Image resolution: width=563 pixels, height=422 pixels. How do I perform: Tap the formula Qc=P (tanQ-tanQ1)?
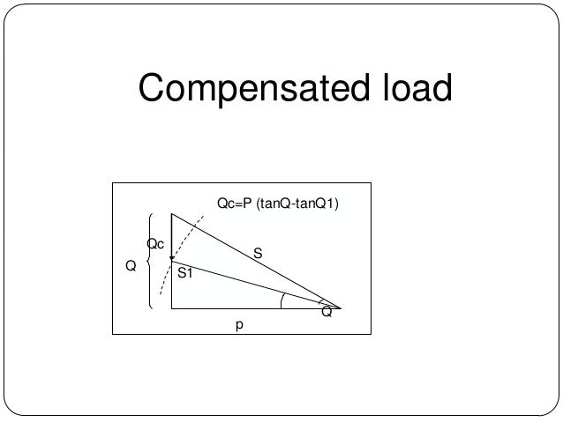tap(278, 204)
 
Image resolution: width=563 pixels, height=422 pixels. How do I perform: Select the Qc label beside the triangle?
tap(155, 243)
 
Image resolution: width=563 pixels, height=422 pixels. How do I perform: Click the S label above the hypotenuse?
tap(258, 253)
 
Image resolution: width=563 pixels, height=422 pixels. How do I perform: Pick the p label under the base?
tap(237, 325)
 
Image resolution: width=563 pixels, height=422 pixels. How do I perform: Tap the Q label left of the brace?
tap(131, 264)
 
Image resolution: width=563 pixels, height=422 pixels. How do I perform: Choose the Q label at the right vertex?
tap(327, 313)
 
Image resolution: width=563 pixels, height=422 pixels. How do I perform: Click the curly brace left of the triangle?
tap(151, 263)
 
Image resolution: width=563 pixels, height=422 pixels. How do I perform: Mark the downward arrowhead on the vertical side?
tap(171, 258)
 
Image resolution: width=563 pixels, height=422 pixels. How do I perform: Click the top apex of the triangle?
tap(171, 214)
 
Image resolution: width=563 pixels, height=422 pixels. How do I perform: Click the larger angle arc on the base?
tap(281, 301)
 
